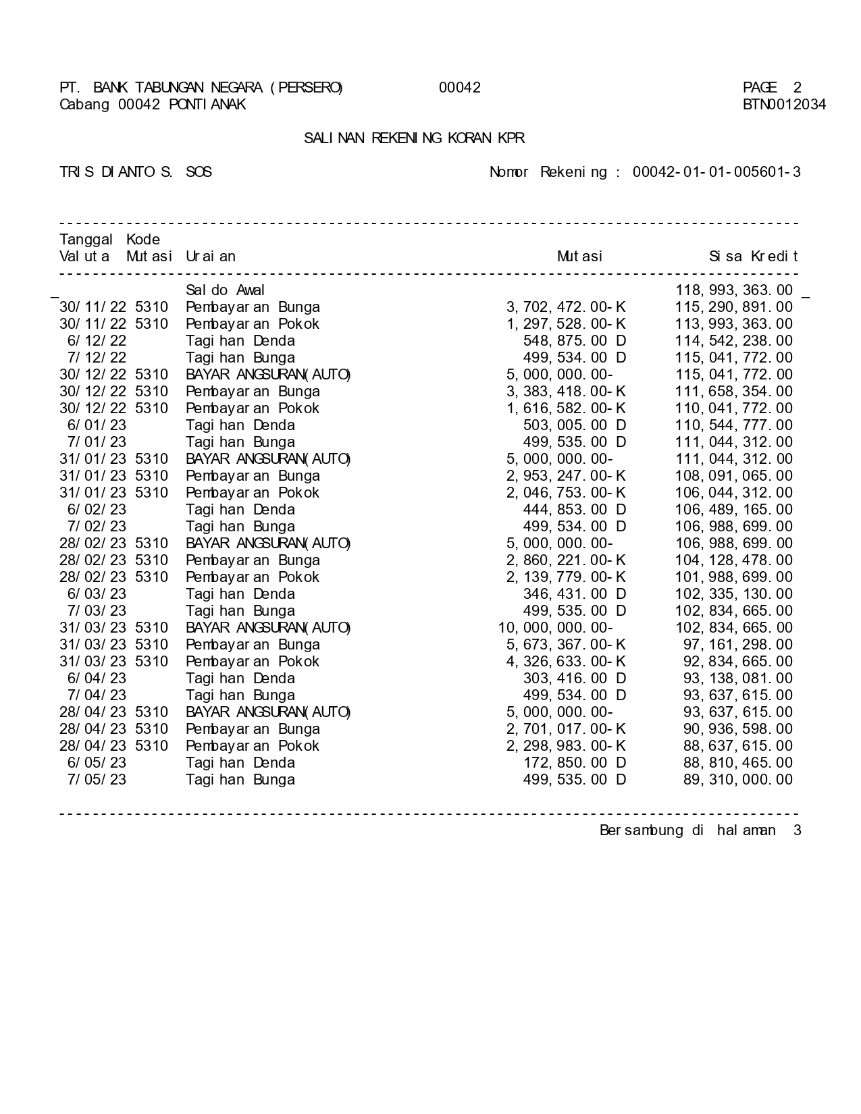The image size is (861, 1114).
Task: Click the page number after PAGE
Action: point(797,88)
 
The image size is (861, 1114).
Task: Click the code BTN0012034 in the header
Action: point(784,105)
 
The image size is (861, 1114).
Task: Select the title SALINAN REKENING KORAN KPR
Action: point(414,138)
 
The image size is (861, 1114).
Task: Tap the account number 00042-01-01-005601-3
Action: point(716,172)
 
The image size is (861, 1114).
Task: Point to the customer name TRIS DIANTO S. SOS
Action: point(136,172)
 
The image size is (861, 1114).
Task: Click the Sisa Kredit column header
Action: point(753,257)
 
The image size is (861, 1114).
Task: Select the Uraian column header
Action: point(211,257)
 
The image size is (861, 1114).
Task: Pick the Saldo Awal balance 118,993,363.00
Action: point(734,290)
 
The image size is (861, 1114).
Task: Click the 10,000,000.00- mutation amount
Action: point(555,628)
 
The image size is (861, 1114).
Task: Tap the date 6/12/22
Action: point(97,341)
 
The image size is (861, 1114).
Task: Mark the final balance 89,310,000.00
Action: point(738,780)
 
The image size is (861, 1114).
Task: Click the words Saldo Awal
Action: point(226,290)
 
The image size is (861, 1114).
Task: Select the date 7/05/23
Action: point(97,780)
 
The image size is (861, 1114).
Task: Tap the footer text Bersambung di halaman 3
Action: point(700,830)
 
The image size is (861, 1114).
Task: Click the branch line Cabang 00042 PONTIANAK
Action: point(153,105)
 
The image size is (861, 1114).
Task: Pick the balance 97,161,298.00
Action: point(738,645)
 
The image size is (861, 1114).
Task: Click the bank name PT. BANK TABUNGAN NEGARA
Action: point(201,88)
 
